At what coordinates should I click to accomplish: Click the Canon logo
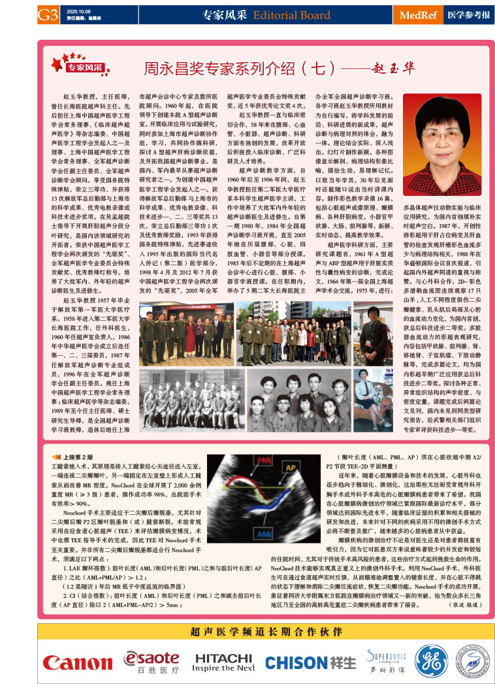pos(77,662)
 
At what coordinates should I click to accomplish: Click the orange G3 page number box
pos(49,14)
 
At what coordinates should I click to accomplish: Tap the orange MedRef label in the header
pos(422,14)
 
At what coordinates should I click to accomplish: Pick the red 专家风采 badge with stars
pos(76,66)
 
